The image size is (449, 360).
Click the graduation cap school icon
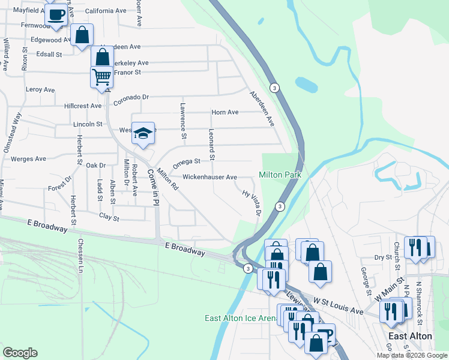point(143,134)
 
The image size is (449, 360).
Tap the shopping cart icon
point(101,77)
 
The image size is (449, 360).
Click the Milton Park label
point(279,175)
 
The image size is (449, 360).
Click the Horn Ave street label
point(225,112)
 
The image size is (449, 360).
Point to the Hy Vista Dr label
point(252,203)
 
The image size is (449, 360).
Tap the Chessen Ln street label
point(79,256)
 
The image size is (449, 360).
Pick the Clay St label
point(109,217)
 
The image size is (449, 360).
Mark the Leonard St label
point(211,145)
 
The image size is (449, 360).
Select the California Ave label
point(106,11)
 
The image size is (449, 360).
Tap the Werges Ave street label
point(28,159)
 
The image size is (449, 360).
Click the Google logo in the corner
point(20,353)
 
